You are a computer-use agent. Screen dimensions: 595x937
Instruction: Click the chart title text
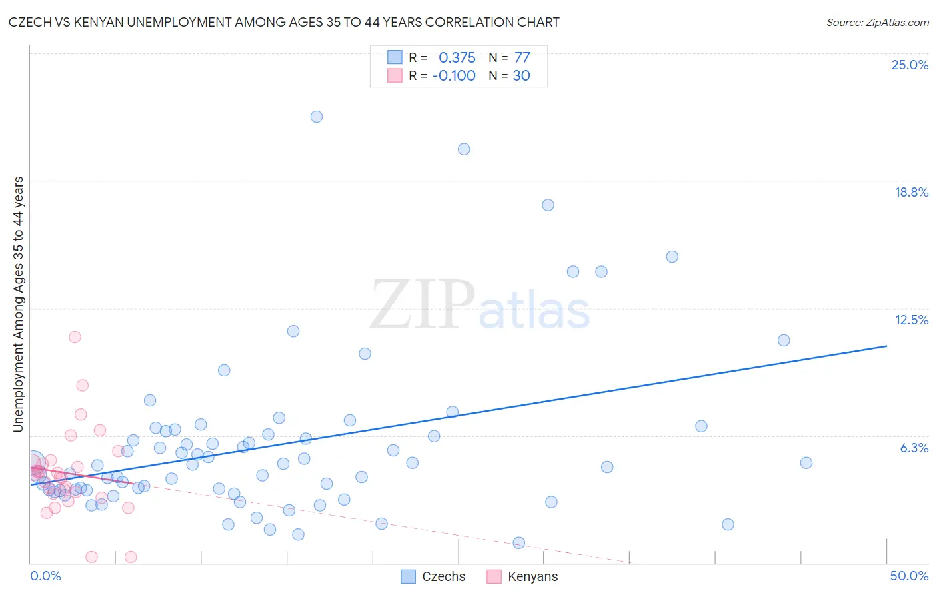[284, 22]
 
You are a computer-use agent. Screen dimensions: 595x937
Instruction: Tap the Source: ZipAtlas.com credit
[877, 22]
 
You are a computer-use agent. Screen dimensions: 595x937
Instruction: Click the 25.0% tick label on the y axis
[910, 65]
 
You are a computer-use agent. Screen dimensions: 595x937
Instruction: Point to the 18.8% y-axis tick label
[911, 192]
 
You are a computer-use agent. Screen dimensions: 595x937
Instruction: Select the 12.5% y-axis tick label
[911, 320]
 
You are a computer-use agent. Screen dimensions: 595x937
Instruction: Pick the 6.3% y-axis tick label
[914, 448]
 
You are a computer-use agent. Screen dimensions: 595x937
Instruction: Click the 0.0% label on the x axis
[45, 576]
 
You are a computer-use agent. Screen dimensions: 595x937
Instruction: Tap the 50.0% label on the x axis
[909, 576]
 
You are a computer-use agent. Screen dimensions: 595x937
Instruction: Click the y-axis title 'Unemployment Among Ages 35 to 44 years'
[19, 304]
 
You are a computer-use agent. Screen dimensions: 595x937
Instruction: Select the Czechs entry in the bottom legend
[443, 576]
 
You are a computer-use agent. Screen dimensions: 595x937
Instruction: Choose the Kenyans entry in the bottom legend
[532, 576]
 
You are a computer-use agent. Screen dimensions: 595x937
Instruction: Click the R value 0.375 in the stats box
[457, 58]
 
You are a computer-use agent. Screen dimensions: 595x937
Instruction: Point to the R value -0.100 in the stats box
[453, 75]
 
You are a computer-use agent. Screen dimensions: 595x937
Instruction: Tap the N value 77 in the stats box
[522, 58]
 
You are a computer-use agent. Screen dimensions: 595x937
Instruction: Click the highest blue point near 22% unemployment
[317, 117]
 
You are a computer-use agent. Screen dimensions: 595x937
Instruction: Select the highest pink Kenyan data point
[75, 337]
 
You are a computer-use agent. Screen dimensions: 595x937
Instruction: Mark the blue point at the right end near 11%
[784, 340]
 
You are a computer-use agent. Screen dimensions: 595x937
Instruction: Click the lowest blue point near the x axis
[519, 543]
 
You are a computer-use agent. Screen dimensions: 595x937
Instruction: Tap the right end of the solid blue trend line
[886, 346]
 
